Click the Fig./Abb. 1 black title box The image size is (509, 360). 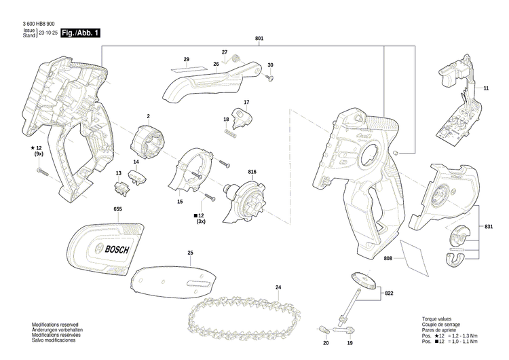point(80,33)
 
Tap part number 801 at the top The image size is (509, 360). point(259,39)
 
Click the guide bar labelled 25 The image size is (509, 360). point(180,279)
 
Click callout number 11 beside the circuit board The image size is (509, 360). point(486,89)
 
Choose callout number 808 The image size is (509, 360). point(388,259)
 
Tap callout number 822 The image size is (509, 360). point(389,293)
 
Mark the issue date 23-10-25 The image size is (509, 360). point(48,33)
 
